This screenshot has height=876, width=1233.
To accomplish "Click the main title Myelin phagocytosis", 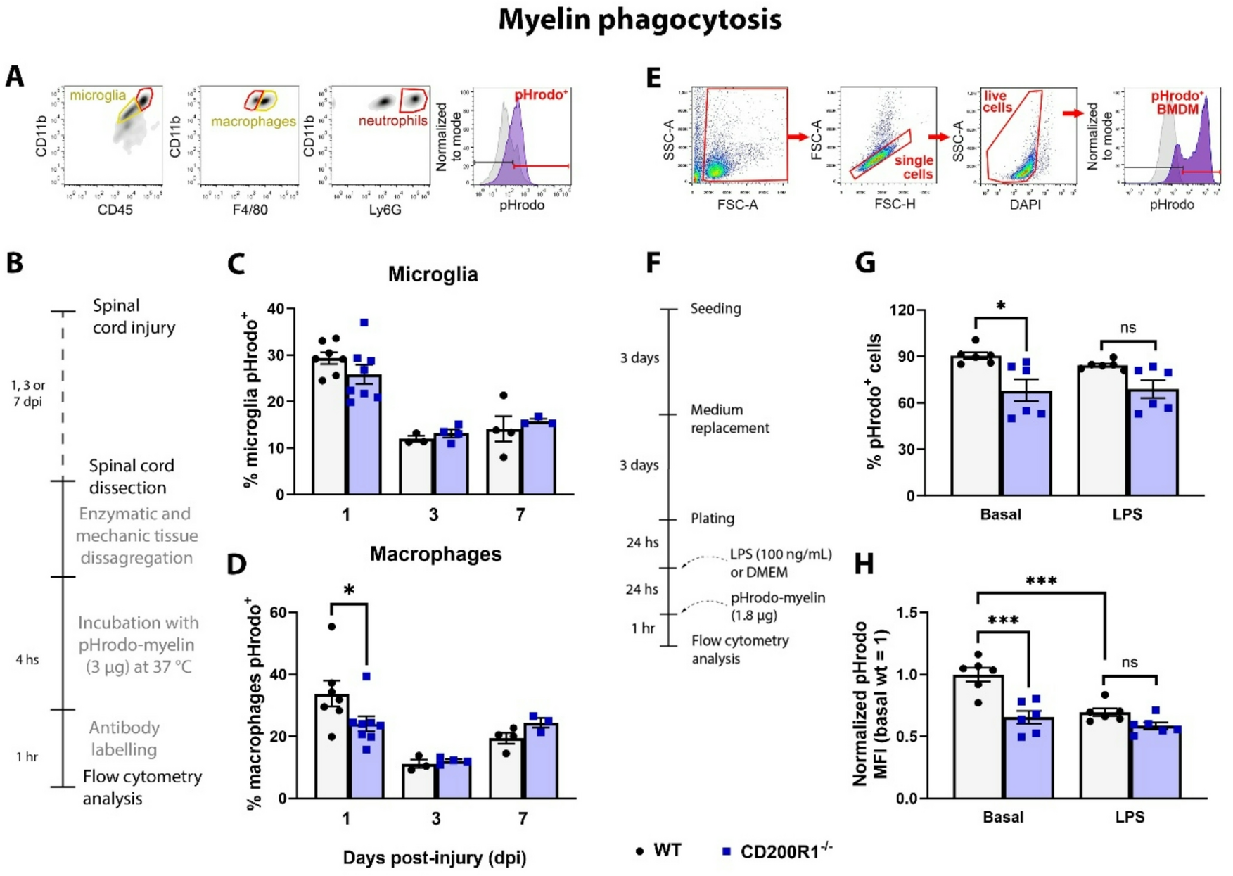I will (639, 20).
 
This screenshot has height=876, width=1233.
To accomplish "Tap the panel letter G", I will (864, 262).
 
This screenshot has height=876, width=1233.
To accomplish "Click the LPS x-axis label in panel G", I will (1127, 514).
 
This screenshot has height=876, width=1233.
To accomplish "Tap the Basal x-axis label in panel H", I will (1003, 817).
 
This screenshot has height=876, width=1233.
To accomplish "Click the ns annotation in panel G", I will (1127, 328).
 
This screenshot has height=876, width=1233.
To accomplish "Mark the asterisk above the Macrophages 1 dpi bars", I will (349, 591).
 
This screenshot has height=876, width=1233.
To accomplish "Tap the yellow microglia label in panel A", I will (98, 95).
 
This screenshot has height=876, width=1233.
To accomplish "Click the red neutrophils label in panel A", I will (392, 121).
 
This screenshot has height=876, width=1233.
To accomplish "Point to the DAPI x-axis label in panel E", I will (1025, 205).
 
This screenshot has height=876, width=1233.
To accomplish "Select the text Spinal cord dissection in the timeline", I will (130, 476).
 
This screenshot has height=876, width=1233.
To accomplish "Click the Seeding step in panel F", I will (715, 309).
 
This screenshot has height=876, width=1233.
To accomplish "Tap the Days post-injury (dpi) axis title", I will (434, 858).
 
